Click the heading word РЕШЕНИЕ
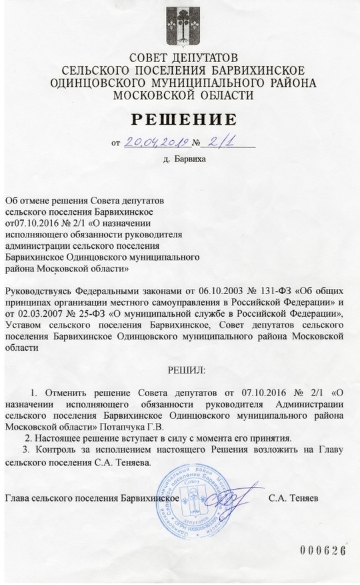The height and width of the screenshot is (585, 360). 183,120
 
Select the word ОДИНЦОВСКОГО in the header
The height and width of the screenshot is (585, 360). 92,83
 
